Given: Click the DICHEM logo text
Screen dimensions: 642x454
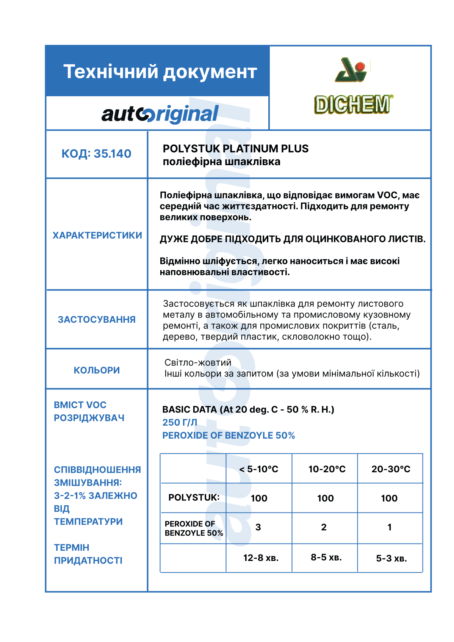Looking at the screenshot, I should click(x=352, y=105).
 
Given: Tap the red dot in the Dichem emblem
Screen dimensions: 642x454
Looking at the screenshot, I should click(x=360, y=67).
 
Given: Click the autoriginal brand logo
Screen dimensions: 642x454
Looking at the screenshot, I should click(x=160, y=114).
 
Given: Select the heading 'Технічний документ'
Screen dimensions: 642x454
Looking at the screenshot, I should click(x=160, y=72).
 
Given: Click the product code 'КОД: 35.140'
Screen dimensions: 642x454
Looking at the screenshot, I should click(x=96, y=154).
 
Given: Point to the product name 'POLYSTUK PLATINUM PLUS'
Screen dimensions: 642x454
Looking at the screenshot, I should click(x=235, y=148).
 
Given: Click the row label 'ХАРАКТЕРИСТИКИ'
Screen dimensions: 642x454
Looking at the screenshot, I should click(x=97, y=235).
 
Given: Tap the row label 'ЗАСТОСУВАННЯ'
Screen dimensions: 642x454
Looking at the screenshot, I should click(x=97, y=320).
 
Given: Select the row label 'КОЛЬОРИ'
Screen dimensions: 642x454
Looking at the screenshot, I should click(x=97, y=370).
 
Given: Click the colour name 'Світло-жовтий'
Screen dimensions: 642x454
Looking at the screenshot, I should click(x=198, y=362).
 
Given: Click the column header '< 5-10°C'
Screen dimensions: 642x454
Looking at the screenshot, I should click(x=259, y=469).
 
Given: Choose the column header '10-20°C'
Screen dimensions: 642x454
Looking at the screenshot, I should click(x=327, y=469).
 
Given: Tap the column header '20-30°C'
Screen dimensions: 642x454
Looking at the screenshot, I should click(x=391, y=469).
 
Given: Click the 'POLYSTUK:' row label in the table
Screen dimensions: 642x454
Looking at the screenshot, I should click(x=194, y=498).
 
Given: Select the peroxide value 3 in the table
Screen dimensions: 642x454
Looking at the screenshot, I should click(x=258, y=527).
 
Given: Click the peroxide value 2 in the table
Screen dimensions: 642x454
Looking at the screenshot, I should click(x=324, y=527).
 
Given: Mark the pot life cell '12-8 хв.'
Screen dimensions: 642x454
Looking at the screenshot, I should click(x=261, y=558).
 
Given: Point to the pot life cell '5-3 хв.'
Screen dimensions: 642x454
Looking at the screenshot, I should click(x=391, y=558).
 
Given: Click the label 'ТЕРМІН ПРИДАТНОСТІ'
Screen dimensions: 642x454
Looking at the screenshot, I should click(x=88, y=554).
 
